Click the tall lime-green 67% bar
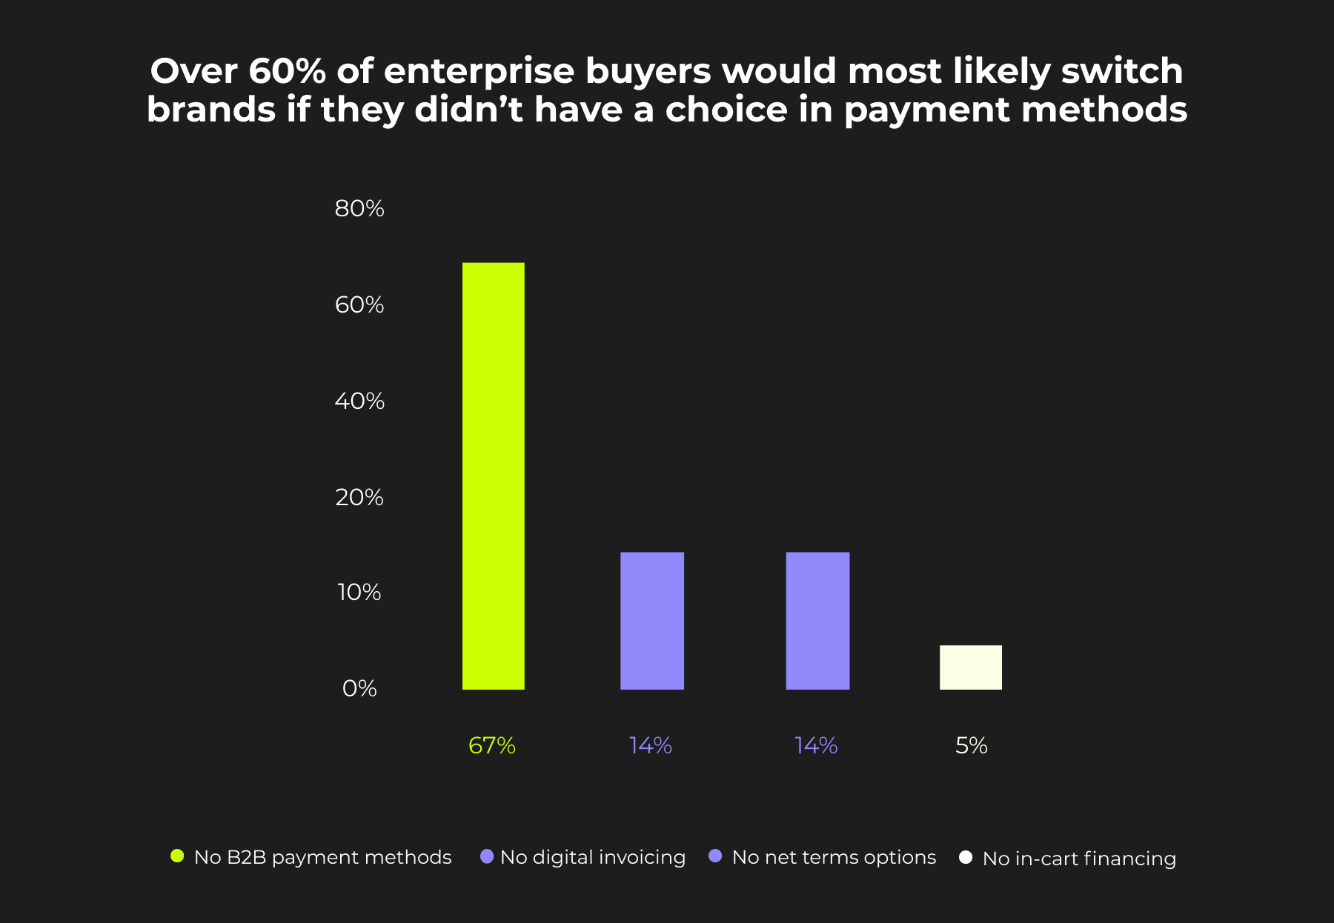(x=493, y=476)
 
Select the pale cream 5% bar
(x=970, y=667)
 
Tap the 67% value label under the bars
(x=492, y=745)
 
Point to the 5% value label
(x=971, y=745)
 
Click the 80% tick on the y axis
(x=359, y=209)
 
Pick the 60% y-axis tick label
(x=359, y=304)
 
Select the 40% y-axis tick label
(x=359, y=401)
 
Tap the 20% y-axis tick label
(x=359, y=496)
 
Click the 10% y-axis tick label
(x=359, y=592)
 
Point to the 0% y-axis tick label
(x=359, y=688)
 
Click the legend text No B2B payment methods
(x=322, y=857)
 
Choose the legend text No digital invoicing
(x=592, y=857)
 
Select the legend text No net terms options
(x=834, y=857)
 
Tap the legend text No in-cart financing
(x=1079, y=859)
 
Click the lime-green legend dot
(x=177, y=856)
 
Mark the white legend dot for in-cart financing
(x=966, y=857)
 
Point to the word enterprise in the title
(x=479, y=71)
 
